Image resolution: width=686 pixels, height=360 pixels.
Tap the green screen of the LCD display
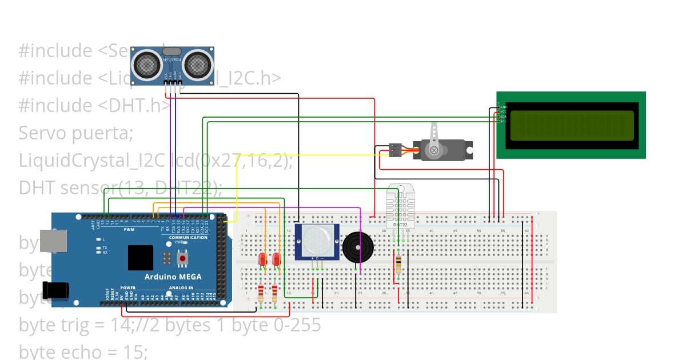[571, 125]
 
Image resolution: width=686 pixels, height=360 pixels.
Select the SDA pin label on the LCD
[504, 117]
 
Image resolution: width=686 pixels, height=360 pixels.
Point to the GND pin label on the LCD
[504, 107]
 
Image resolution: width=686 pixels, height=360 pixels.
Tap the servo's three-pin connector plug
[394, 150]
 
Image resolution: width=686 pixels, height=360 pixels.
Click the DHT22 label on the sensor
[400, 225]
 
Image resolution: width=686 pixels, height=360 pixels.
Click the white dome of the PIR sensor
[317, 239]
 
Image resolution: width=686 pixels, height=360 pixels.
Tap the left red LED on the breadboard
[262, 259]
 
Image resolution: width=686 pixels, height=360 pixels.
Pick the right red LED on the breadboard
[277, 259]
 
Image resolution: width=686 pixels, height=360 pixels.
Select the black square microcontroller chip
[141, 258]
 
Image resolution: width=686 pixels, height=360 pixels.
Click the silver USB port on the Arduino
[54, 241]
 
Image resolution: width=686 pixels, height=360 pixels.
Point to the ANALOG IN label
[181, 288]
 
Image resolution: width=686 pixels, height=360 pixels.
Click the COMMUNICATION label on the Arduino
[188, 237]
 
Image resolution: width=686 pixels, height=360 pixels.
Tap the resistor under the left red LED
[261, 294]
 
